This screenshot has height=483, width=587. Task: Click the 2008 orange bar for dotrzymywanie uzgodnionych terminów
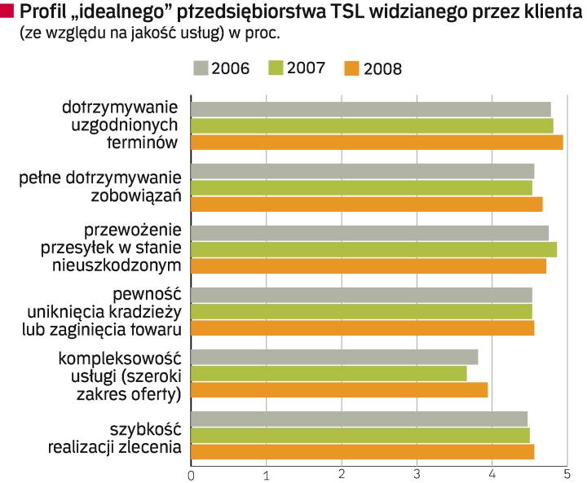(x=377, y=143)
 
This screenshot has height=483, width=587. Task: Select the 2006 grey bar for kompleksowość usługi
(x=334, y=357)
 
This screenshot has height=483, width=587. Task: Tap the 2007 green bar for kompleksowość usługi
(x=329, y=373)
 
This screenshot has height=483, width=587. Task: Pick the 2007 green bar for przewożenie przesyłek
(x=373, y=249)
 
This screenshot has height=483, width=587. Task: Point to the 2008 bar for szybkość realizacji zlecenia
(x=363, y=452)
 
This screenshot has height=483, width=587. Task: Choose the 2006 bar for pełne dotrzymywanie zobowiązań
(x=363, y=171)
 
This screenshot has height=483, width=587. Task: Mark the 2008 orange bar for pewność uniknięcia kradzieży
(x=363, y=327)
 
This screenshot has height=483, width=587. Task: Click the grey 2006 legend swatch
(x=201, y=67)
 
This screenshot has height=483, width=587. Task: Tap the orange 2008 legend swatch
(x=352, y=68)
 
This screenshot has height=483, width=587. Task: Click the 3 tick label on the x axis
(x=417, y=473)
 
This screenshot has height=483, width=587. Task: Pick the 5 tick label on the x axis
(x=567, y=473)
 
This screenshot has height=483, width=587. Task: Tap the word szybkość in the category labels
(x=144, y=428)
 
